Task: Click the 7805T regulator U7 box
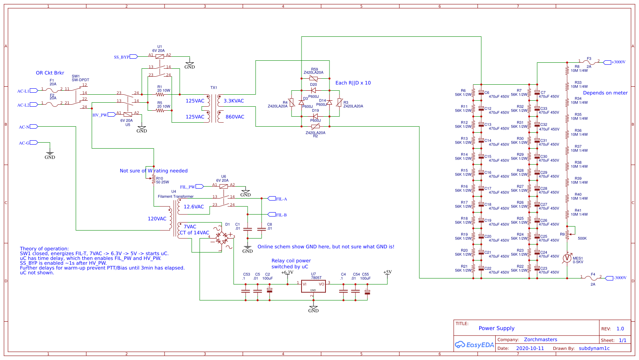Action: (x=314, y=286)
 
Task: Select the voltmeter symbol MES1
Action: (x=567, y=258)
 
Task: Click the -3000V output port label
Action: (x=619, y=278)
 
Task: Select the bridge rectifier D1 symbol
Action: (x=222, y=239)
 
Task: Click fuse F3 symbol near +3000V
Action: (x=589, y=62)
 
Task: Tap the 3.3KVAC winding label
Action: (x=234, y=101)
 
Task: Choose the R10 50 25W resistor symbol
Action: (x=154, y=180)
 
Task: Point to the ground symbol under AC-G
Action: (x=50, y=154)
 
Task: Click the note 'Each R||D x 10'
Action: (x=353, y=83)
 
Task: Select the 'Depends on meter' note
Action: (x=605, y=93)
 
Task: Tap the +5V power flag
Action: (x=387, y=272)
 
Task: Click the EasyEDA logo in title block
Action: (x=474, y=345)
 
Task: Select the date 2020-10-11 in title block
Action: (x=530, y=348)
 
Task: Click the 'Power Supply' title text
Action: (x=496, y=328)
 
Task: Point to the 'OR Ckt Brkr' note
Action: (x=50, y=73)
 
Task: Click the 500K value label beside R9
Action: (x=582, y=239)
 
